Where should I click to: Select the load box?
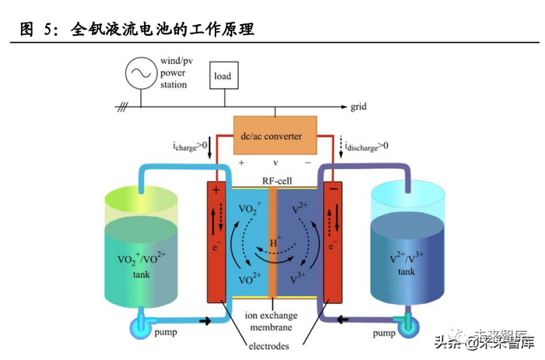tap(223, 76)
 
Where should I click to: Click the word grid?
tap(359, 105)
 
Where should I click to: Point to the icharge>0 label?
tap(189, 146)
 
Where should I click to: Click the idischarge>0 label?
tap(364, 146)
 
